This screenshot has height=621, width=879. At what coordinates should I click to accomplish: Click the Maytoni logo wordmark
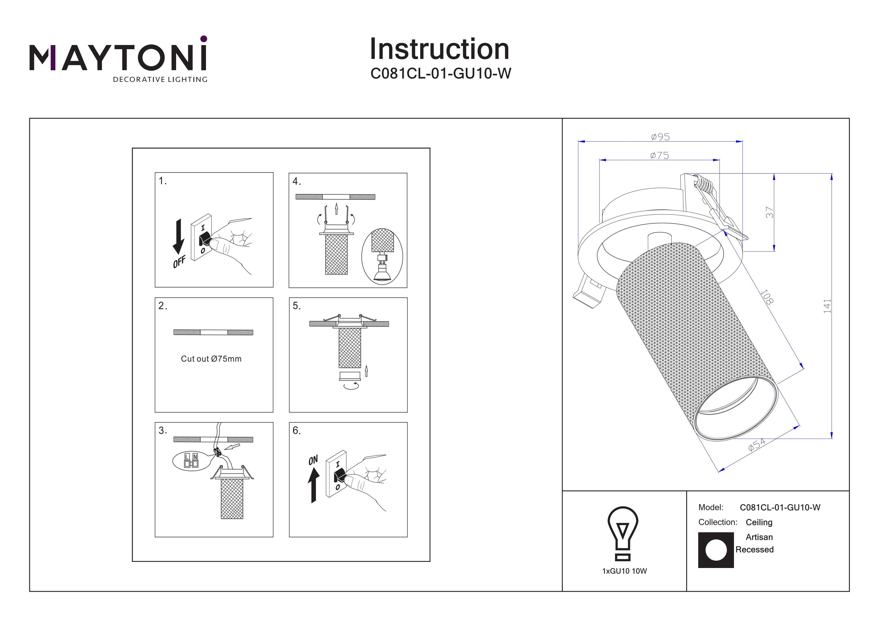tap(118, 58)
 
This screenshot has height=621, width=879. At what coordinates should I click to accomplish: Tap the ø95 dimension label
tap(660, 137)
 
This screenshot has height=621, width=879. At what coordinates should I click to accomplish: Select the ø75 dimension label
tap(659, 155)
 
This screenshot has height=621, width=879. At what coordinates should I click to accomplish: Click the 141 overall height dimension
tap(827, 306)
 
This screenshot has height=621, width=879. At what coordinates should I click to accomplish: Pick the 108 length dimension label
tap(767, 297)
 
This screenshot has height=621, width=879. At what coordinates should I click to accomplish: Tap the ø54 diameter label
tap(757, 445)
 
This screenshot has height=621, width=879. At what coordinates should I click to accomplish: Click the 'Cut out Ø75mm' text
tap(211, 359)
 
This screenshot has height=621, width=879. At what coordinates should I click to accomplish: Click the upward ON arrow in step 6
tap(314, 485)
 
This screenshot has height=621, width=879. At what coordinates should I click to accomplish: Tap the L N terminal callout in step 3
tap(191, 460)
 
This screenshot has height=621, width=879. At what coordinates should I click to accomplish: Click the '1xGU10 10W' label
tap(624, 571)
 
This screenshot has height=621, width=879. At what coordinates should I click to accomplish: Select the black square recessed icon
tap(716, 550)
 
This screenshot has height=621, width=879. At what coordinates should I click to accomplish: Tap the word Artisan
tap(759, 537)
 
